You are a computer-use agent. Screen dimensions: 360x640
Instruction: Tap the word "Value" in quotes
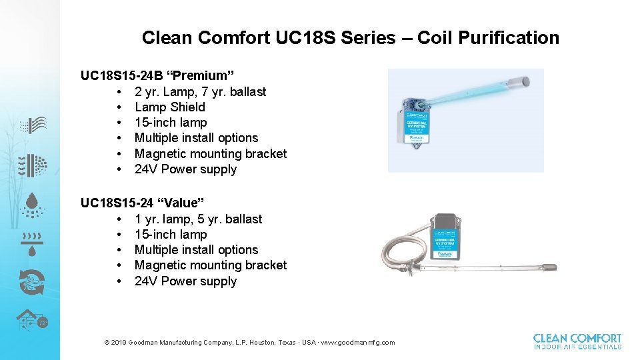coord(188,203)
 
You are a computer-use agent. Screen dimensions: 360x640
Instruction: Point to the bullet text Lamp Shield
coord(169,107)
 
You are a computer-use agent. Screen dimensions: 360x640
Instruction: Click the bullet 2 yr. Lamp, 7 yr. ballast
coord(200,91)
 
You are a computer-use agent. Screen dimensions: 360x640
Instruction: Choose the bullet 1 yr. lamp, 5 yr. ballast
coord(198,219)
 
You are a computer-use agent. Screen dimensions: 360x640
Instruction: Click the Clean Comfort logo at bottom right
coord(577,341)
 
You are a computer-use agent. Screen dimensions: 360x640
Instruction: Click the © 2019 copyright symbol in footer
coord(107,343)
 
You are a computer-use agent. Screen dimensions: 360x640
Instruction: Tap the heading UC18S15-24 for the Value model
coord(121,203)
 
